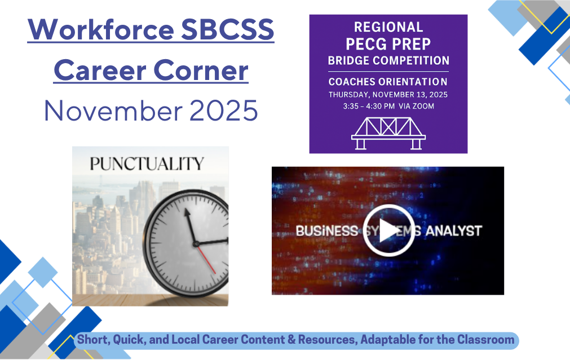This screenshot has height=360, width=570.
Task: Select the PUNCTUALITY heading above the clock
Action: tap(146, 164)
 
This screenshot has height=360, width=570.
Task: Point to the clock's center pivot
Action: tap(197, 244)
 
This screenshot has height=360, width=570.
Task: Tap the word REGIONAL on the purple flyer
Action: tap(388, 27)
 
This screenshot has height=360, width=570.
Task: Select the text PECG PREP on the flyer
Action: tap(388, 43)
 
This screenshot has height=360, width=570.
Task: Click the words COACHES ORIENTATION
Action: tap(388, 82)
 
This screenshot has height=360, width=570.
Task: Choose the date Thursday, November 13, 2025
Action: tap(388, 94)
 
